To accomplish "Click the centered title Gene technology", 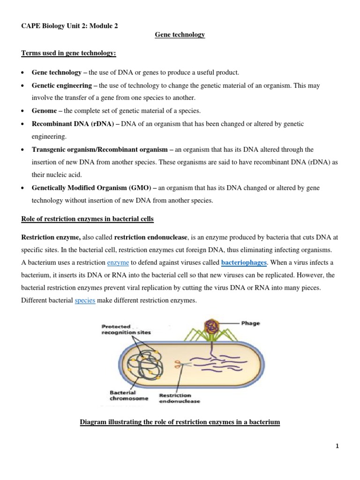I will coord(180,35).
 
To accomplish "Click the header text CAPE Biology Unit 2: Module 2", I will coord(70,26).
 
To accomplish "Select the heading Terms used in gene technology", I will coord(68,54).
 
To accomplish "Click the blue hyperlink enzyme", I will coord(118,262).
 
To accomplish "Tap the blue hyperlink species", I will coord(85,300).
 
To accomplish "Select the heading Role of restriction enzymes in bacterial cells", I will coord(88,219).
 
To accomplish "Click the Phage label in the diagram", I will coord(251,323).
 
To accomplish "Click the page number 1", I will coord(337,447).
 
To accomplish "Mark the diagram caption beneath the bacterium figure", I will coord(180,422).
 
